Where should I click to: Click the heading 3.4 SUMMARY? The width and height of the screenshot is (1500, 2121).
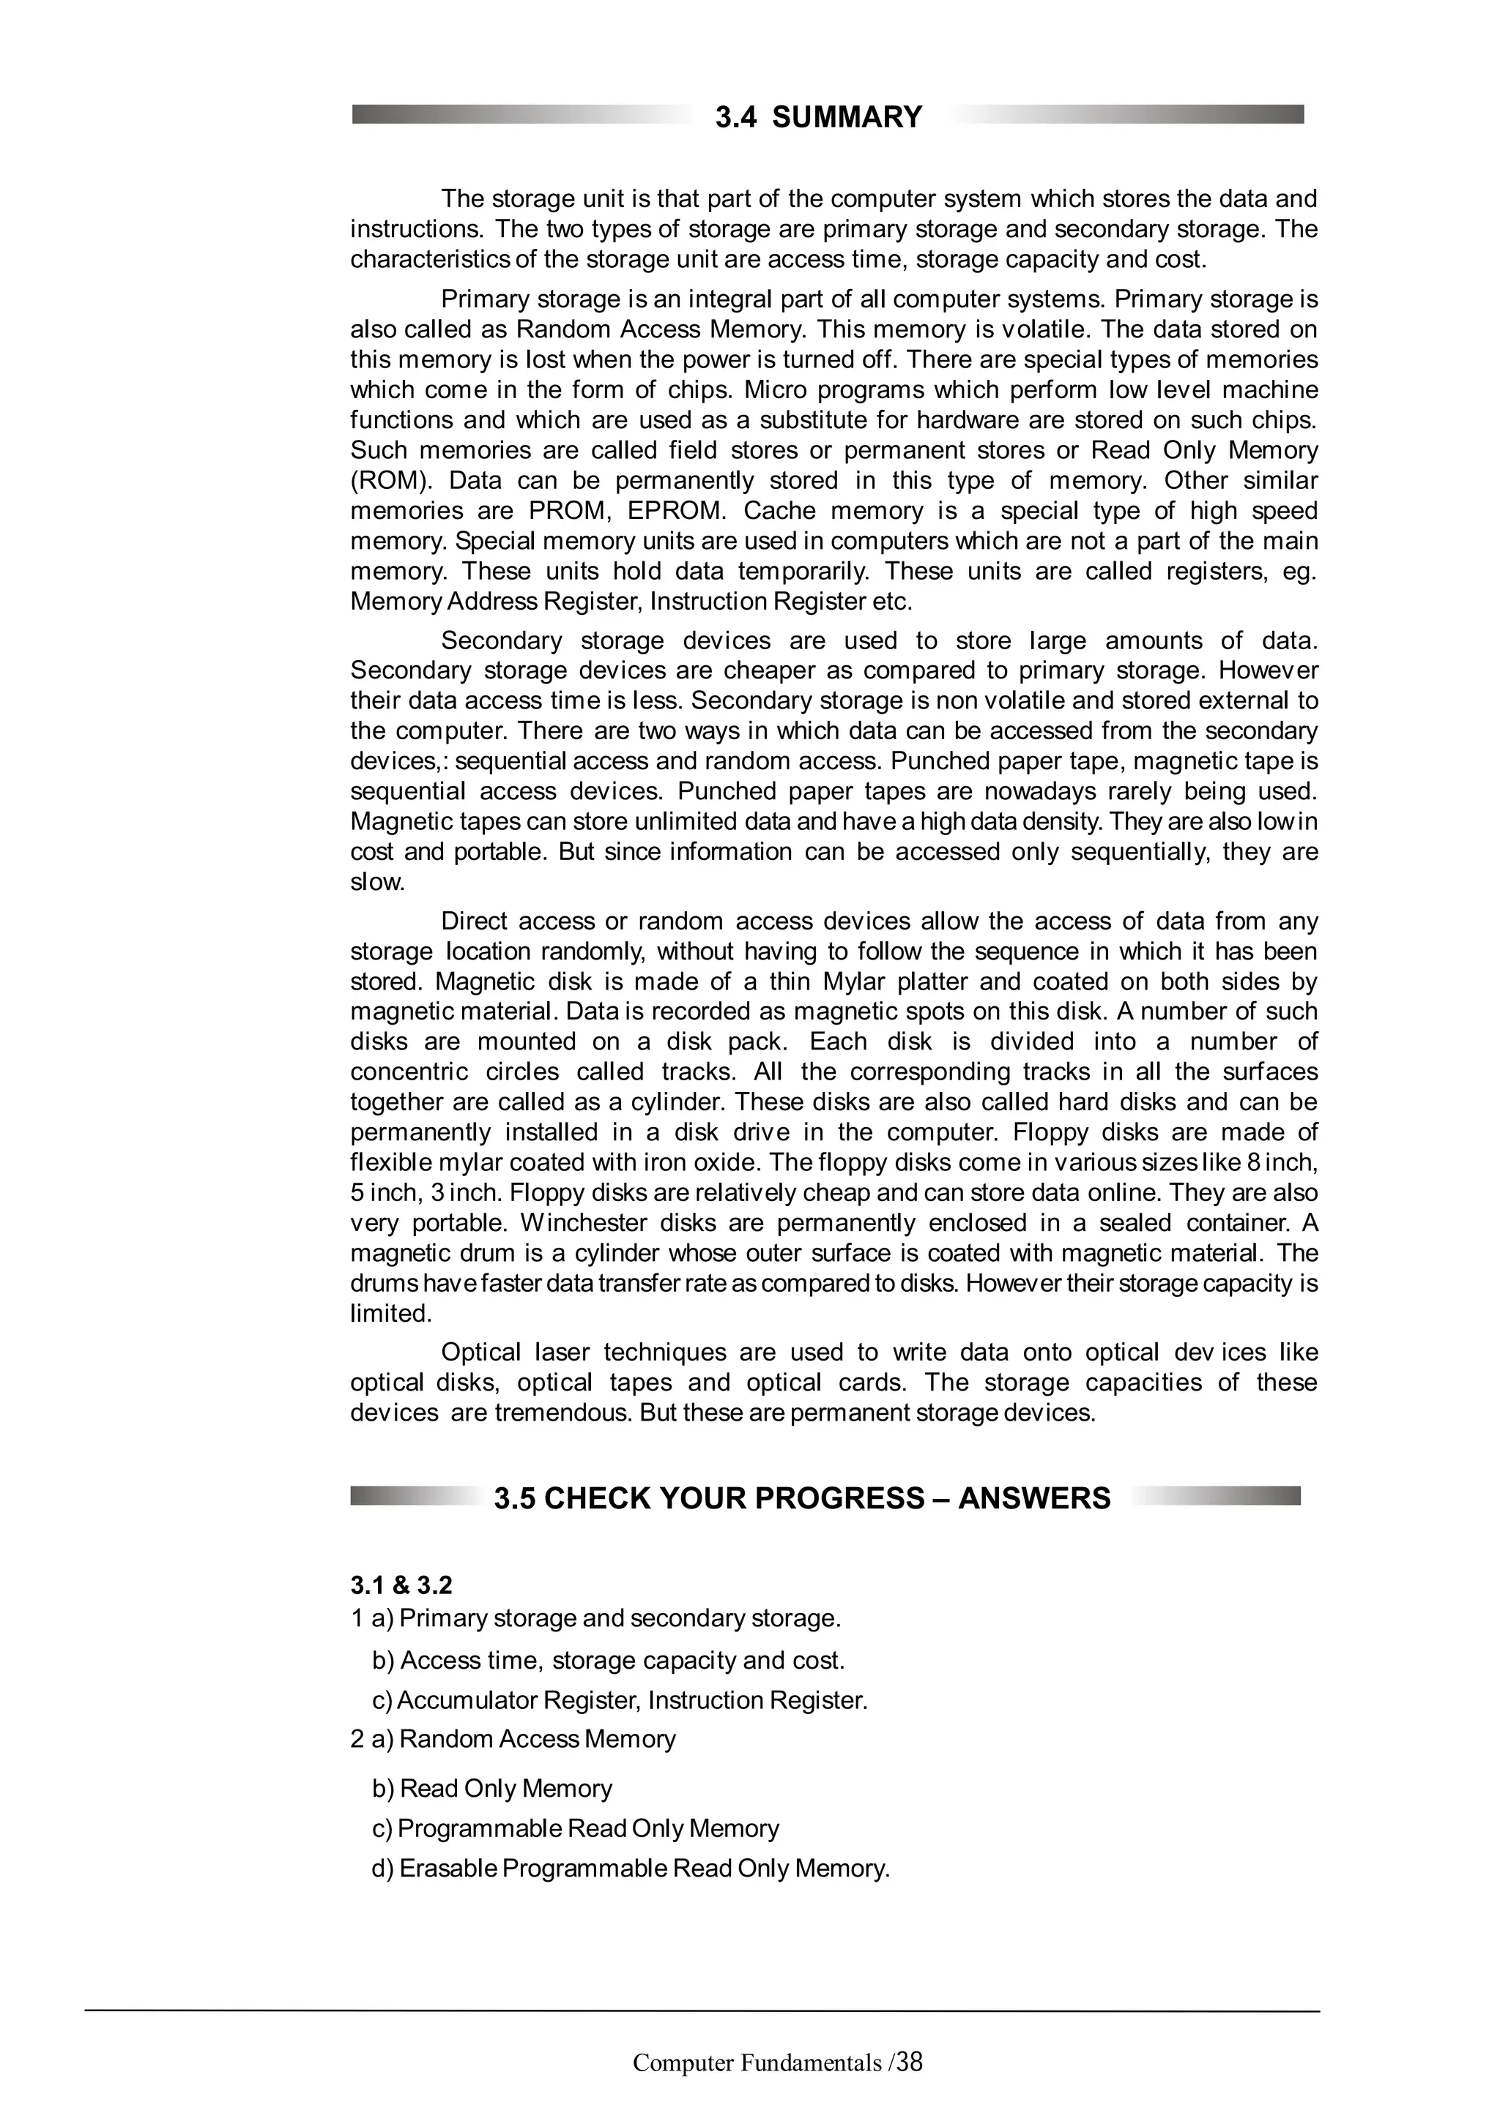click(818, 117)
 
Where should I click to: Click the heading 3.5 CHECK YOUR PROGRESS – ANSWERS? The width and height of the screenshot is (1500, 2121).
click(801, 1497)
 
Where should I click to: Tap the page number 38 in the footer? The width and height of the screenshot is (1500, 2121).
click(910, 2061)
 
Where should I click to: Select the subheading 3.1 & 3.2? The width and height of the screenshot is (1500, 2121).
click(401, 1585)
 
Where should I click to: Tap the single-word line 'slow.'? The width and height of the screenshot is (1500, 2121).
click(378, 881)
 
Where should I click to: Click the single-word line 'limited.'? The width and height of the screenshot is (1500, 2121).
click(391, 1314)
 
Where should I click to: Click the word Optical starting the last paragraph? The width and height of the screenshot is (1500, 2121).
click(480, 1353)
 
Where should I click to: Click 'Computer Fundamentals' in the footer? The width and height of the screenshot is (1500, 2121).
click(757, 2062)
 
